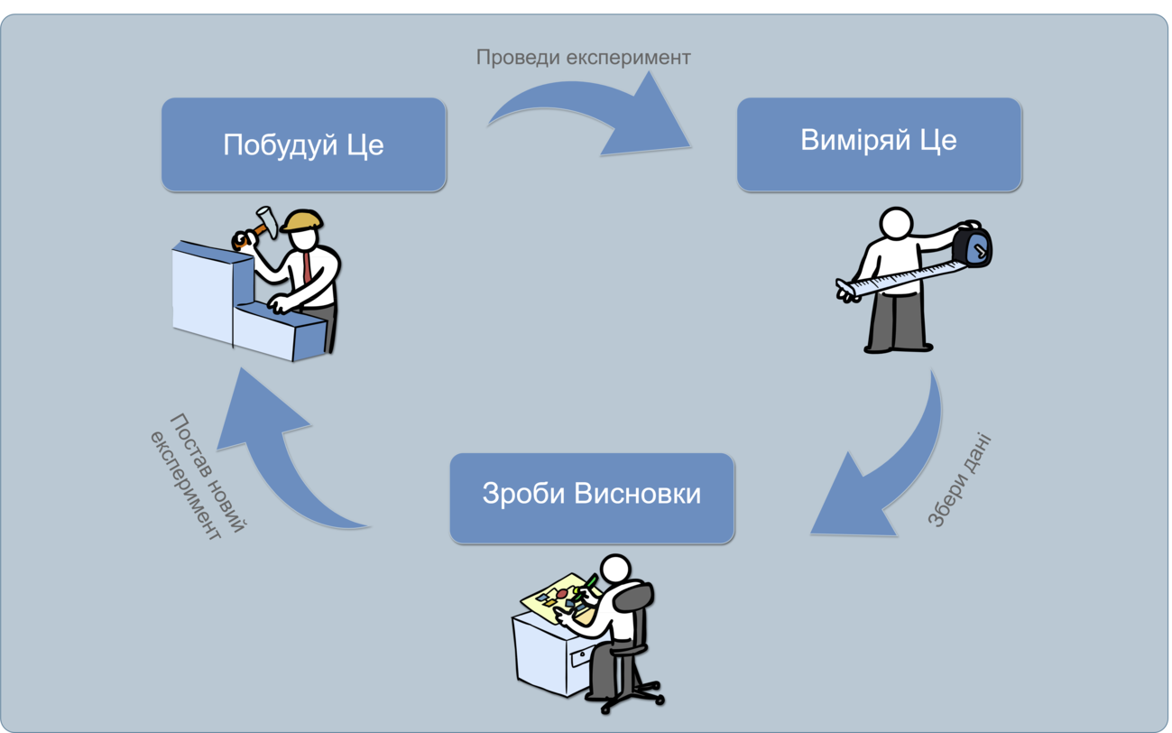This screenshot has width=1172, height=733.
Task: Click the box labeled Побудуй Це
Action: tap(303, 144)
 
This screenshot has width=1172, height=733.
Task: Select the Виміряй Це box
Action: tap(879, 144)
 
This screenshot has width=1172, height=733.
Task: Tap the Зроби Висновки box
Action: tap(592, 498)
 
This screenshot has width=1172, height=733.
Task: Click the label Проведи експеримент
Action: tap(584, 57)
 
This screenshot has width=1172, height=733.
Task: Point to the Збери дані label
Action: tap(959, 479)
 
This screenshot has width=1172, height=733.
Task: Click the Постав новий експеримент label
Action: tap(198, 477)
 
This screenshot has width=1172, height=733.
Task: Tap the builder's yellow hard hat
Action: tap(302, 220)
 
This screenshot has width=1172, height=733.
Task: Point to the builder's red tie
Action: tap(307, 267)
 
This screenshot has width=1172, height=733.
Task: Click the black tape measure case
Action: tap(972, 245)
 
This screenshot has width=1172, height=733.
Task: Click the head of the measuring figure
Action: tap(896, 224)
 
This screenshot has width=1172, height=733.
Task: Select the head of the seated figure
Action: tap(615, 568)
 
